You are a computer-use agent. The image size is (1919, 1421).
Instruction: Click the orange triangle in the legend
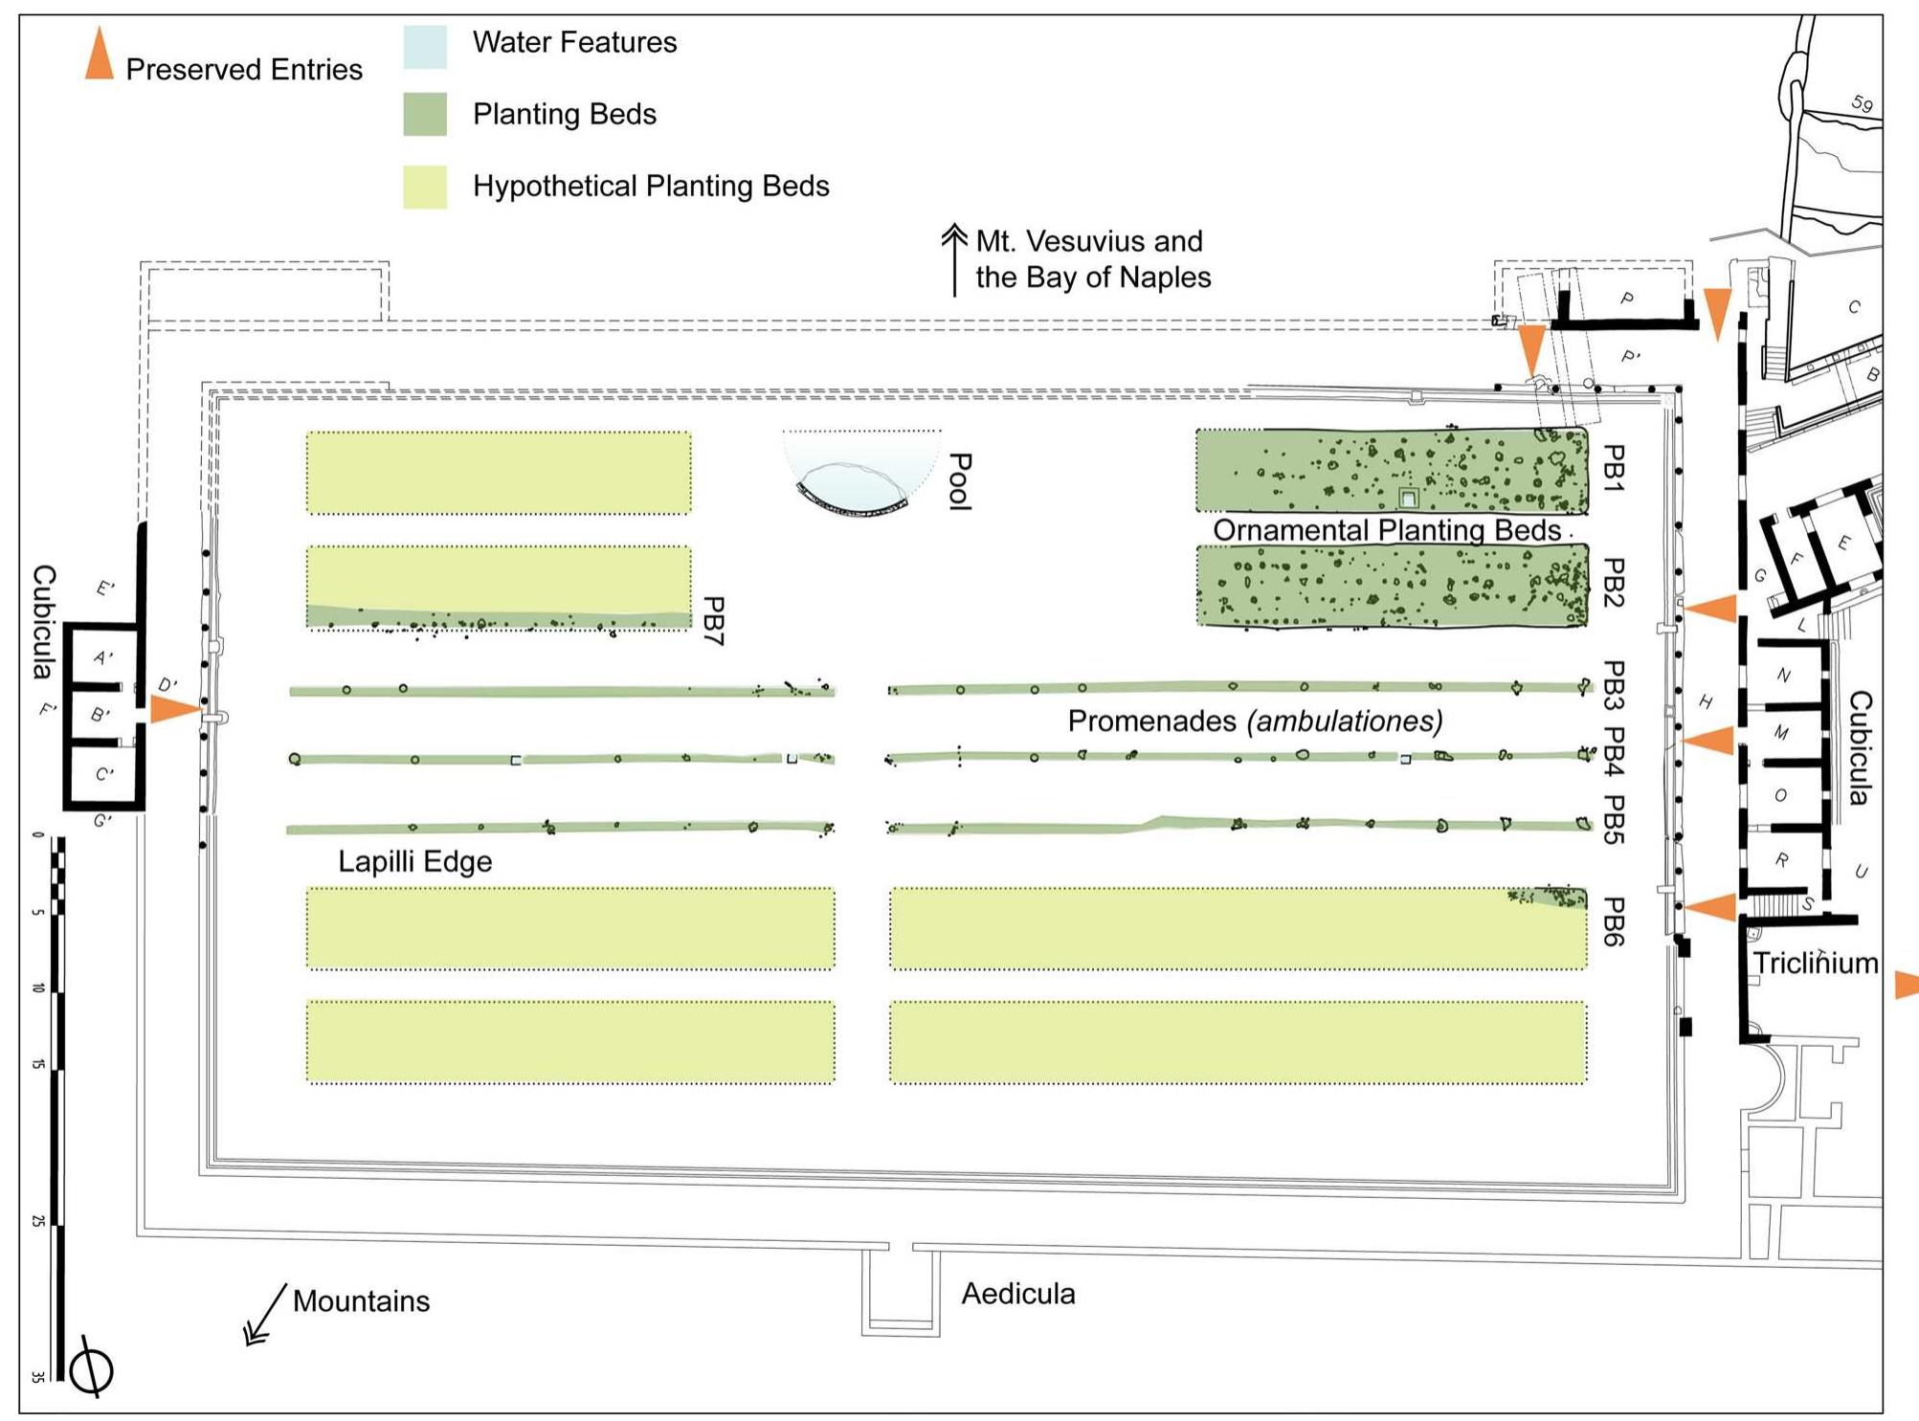coord(99,56)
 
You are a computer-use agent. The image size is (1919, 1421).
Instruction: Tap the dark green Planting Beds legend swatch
coord(425,115)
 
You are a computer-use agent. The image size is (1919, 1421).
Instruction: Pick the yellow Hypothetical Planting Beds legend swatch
coord(425,187)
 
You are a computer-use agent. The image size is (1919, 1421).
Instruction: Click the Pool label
coord(959,481)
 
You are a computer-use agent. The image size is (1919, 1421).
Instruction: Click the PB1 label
coord(1613,468)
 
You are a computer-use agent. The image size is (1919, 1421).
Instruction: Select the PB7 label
coord(713,620)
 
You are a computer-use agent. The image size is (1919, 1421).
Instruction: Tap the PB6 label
coord(1613,921)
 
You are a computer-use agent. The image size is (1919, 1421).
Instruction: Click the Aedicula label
coord(1017,1294)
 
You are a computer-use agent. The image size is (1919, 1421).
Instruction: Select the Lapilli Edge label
coord(414,861)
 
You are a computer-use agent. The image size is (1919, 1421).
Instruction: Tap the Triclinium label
coord(1814,963)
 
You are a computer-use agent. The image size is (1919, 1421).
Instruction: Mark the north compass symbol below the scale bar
coord(91,1368)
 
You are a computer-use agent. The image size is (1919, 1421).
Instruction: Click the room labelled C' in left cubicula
coord(103,773)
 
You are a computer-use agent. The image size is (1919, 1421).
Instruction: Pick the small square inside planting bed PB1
coord(1408,498)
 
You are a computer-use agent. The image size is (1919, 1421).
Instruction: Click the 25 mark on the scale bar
coord(38,1221)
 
